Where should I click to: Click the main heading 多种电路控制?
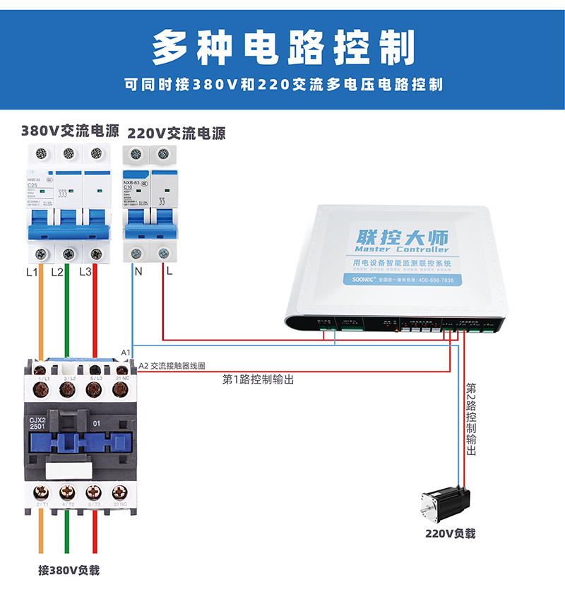click(282, 47)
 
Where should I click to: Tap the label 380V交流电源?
click(70, 131)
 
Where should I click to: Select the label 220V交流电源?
click(176, 134)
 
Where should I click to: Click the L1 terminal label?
click(32, 271)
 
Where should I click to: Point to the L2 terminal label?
click(57, 271)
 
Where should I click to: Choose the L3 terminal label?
click(85, 271)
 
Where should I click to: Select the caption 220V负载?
click(450, 533)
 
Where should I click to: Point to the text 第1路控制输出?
click(258, 380)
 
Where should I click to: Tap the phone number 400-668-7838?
click(436, 280)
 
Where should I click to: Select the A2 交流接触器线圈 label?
click(172, 366)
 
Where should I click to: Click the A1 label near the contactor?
click(126, 352)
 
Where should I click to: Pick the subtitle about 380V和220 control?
click(282, 85)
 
